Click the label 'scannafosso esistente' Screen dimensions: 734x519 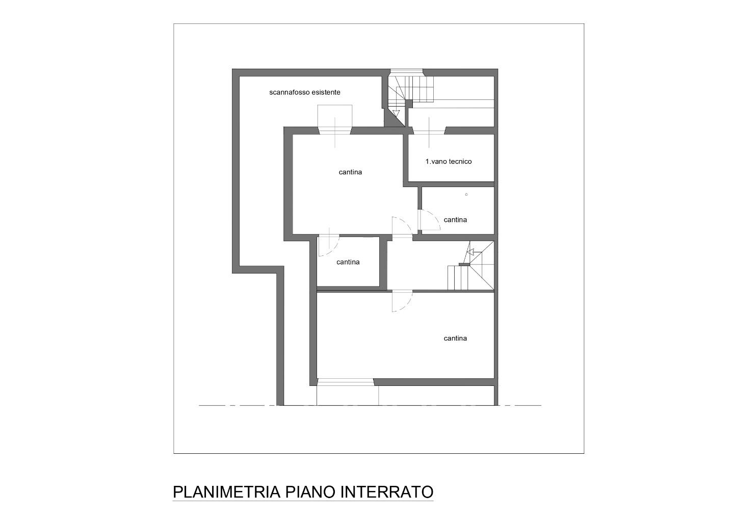305,92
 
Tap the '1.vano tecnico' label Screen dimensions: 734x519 449,161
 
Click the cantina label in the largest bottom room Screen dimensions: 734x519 455,338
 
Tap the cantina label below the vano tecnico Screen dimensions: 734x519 455,220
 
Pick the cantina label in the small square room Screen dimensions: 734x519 348,262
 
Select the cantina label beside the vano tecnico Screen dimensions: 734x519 350,172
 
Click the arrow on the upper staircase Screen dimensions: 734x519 396,114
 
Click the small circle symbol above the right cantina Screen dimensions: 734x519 466,195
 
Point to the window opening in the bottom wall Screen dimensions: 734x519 346,382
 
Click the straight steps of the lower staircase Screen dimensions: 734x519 458,278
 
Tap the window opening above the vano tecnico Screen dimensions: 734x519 429,131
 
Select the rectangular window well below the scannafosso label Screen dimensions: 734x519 335,116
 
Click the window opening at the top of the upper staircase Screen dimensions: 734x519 406,72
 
